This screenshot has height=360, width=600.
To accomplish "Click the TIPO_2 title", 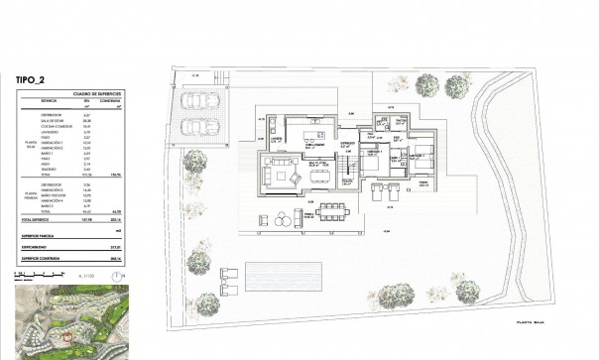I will coord(35,77).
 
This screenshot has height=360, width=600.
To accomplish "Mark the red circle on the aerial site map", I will coord(66,336).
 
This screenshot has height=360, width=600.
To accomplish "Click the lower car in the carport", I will coord(197,126).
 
